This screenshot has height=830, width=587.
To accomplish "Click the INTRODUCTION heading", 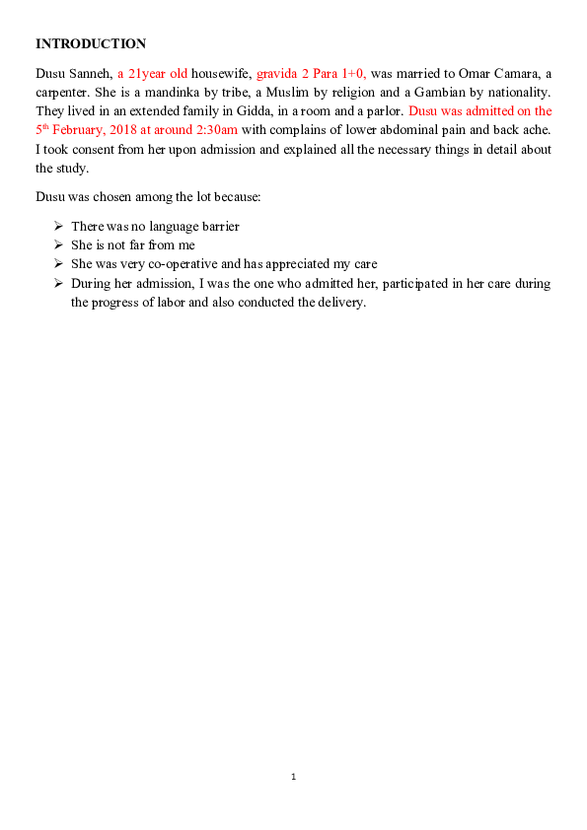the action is (x=91, y=43).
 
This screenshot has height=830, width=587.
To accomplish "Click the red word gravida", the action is (x=277, y=74).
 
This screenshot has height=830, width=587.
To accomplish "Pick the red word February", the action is (x=87, y=130).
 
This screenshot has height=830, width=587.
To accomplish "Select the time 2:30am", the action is (x=216, y=130).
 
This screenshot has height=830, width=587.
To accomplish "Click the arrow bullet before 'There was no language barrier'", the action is (x=58, y=227).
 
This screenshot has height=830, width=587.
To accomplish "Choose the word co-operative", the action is (x=174, y=264).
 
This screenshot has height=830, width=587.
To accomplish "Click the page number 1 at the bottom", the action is (x=293, y=778).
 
